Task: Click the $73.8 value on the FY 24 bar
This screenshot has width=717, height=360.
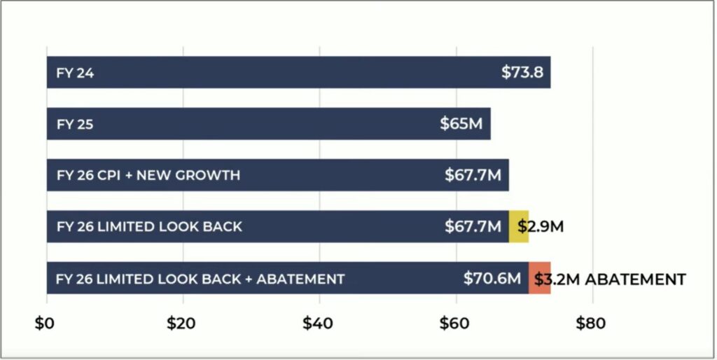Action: click(x=522, y=72)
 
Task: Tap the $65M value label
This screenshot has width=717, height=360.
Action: click(x=461, y=124)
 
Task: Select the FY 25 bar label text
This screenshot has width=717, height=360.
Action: click(x=74, y=124)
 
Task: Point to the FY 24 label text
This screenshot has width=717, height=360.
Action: click(x=74, y=73)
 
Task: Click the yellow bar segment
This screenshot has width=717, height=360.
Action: click(x=518, y=226)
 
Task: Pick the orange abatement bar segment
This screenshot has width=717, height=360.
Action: click(x=539, y=278)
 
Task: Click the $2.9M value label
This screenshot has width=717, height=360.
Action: click(x=541, y=227)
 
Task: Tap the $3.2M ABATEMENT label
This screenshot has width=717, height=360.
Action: click(x=609, y=279)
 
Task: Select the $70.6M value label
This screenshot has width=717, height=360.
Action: click(x=492, y=279)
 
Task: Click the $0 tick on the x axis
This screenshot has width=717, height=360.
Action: click(x=47, y=324)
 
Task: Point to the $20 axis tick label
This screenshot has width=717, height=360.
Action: click(x=183, y=324)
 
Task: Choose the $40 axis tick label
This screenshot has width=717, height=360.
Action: click(x=319, y=324)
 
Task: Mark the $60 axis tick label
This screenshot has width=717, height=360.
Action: click(x=456, y=324)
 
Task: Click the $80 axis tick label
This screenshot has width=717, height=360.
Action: click(x=592, y=324)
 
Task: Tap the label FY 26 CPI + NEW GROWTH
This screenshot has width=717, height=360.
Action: click(x=148, y=175)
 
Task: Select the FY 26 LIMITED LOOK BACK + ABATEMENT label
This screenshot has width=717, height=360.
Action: click(x=200, y=279)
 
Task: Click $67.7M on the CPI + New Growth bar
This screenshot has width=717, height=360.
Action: click(x=473, y=175)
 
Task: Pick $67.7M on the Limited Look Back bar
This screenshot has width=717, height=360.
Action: click(x=473, y=227)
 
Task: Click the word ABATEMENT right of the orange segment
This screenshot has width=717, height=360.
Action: click(x=635, y=279)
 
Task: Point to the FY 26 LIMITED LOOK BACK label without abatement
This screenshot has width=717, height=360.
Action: click(x=149, y=227)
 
